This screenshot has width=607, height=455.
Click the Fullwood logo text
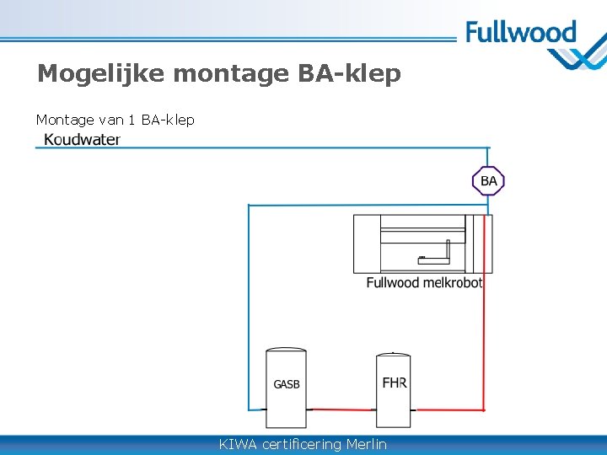[520, 34]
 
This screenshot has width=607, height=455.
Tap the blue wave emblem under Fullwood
[577, 59]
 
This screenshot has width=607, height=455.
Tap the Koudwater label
[82, 140]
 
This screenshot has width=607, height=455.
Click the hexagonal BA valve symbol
[488, 180]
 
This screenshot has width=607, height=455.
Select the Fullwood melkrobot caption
[424, 282]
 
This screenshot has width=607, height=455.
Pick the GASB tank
[286, 388]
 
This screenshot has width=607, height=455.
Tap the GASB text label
[286, 384]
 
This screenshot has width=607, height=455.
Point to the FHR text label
[395, 383]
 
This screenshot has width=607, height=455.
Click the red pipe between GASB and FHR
[341, 409]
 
